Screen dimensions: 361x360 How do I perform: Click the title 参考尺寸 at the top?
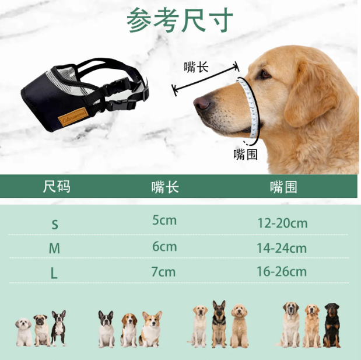tap(180, 20)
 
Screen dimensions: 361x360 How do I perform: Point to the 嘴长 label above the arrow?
tap(196, 67)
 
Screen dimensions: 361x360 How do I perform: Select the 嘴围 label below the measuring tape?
tap(246, 154)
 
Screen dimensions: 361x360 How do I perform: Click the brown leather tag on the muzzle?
tap(73, 117)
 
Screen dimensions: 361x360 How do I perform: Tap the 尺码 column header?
tap(57, 186)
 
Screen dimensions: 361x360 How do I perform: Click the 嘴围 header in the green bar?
tap(283, 187)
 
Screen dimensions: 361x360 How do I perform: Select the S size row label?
tap(55, 224)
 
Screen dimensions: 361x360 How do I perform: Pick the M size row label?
tap(54, 249)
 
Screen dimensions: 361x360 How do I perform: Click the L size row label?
tap(54, 274)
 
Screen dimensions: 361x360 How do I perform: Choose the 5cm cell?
tap(164, 221)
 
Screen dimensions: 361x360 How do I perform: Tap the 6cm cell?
tap(164, 247)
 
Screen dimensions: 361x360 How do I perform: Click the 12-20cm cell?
tap(282, 223)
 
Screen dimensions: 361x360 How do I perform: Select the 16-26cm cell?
tap(282, 271)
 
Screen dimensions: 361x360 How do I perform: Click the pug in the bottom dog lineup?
tap(41, 330)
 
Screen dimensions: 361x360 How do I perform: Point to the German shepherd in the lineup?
tap(219, 324)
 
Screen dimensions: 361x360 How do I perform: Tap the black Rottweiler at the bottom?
tap(332, 325)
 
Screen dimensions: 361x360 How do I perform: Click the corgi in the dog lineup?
tap(151, 329)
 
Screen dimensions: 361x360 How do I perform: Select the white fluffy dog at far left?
tap(24, 332)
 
